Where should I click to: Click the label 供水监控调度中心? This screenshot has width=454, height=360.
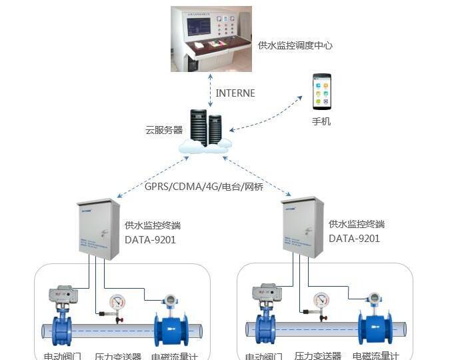(295, 45)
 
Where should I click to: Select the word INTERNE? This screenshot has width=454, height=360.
(235, 93)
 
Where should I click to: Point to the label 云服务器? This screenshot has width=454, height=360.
(163, 130)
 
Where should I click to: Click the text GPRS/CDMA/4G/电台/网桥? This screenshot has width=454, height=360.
(204, 187)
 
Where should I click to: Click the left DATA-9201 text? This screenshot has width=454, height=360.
(150, 239)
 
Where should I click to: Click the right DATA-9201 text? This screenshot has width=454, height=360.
(354, 239)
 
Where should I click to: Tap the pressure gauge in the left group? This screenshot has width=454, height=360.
(119, 301)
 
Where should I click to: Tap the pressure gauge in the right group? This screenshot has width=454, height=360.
(322, 301)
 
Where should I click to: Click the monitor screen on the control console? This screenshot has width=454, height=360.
(198, 27)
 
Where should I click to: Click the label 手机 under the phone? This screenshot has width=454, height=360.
(321, 121)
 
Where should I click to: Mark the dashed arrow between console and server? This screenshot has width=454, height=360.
(211, 93)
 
